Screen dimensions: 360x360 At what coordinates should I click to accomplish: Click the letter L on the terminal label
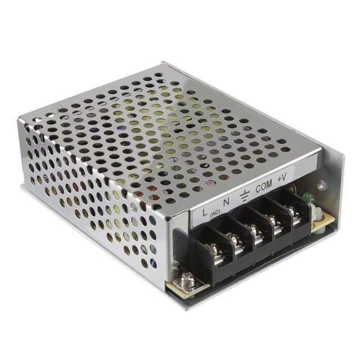click(x=205, y=211)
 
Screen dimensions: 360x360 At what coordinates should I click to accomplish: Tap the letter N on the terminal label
click(x=226, y=202)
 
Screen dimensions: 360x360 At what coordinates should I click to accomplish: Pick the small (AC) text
click(x=215, y=214)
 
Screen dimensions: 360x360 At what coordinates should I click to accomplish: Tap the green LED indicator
click(x=307, y=196)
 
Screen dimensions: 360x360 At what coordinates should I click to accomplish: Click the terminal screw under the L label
click(x=217, y=250)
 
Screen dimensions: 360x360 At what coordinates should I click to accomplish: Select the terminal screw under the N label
click(x=236, y=241)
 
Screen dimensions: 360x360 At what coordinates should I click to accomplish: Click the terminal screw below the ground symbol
click(x=256, y=231)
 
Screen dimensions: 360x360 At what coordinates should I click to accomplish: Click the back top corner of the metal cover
click(x=163, y=63)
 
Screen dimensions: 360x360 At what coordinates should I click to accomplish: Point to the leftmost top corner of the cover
click(x=20, y=118)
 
